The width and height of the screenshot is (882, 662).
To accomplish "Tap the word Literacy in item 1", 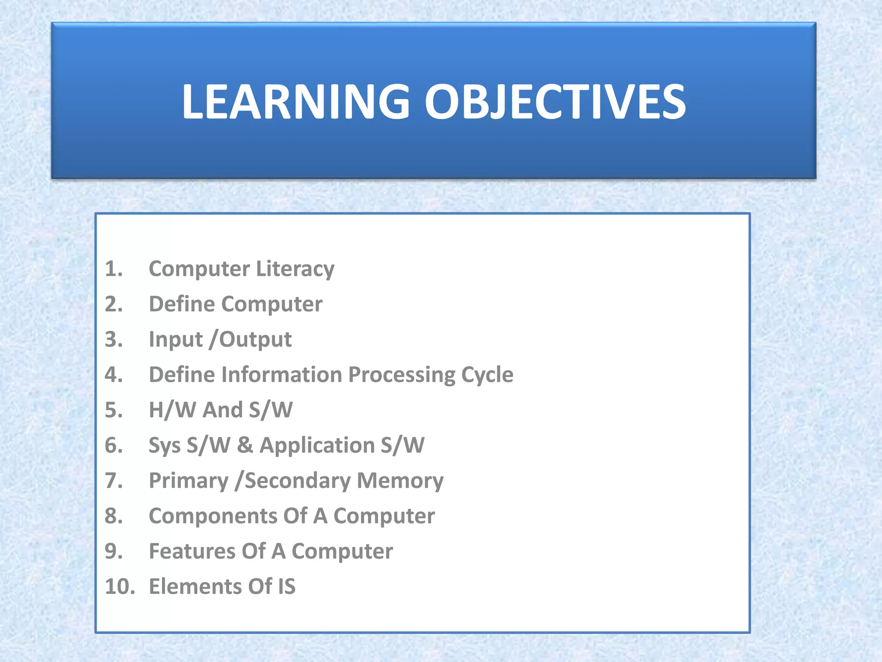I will (295, 269).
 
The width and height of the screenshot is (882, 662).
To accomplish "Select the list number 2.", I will (113, 304).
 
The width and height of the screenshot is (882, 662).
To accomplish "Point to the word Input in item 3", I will (175, 340).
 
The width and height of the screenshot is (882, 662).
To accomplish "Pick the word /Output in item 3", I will (250, 340).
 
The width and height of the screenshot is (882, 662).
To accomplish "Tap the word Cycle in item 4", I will (487, 375).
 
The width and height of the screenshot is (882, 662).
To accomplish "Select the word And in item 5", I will (222, 410).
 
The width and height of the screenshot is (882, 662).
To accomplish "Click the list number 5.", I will (113, 410).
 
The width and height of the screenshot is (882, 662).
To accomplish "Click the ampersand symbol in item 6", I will (245, 445).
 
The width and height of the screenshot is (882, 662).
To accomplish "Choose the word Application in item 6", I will (317, 446).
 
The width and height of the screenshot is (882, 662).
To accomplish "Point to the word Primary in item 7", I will (188, 481).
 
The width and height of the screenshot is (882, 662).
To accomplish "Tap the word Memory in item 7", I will (400, 481).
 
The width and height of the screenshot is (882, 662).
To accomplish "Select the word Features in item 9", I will (192, 551).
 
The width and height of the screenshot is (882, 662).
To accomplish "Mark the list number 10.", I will (119, 587).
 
